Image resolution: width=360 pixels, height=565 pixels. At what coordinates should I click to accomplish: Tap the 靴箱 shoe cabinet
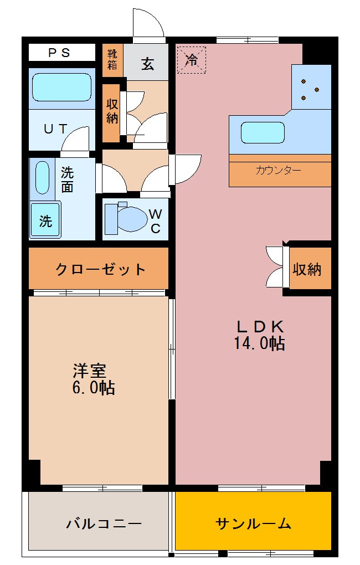coord(112,59)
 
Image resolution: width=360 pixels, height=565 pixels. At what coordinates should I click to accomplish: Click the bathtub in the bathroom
coord(61,87)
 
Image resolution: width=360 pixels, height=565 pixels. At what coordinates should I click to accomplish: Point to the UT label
coord(56,129)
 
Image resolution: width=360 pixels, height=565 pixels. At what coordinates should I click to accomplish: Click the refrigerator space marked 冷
coord(192,59)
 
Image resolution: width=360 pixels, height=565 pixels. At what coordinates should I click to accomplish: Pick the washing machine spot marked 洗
coord(45,220)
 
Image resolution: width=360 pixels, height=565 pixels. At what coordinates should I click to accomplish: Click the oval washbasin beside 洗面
coord(43,177)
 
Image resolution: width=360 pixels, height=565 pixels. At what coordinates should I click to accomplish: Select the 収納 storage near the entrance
coord(112,111)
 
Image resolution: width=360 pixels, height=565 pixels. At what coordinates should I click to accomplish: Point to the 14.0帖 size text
coord(259,344)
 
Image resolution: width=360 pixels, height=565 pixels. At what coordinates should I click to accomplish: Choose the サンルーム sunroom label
coord(253,523)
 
